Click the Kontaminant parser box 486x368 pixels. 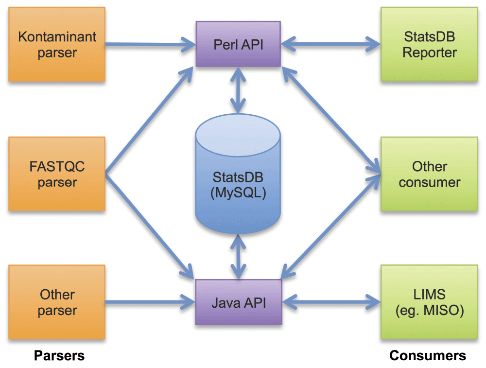[x=57, y=44]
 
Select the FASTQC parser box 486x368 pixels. [x=57, y=174]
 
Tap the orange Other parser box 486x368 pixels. [x=57, y=302]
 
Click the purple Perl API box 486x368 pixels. [x=238, y=44]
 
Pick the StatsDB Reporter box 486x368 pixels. [x=429, y=44]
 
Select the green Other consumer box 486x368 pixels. [x=429, y=174]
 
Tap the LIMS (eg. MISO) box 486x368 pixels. [x=429, y=302]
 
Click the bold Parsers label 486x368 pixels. [x=59, y=355]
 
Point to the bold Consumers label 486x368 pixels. [x=428, y=355]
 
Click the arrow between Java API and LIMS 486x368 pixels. [x=330, y=302]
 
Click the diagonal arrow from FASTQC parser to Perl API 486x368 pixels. [x=146, y=122]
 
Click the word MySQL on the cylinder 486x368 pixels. [x=238, y=193]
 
